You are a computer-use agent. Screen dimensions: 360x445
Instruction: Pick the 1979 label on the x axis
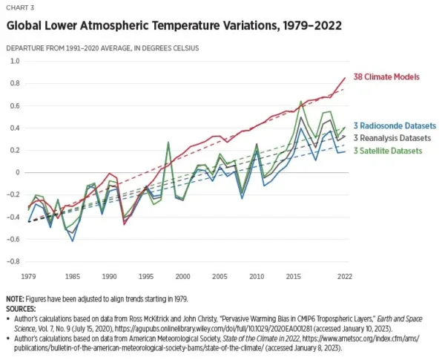(x=30, y=276)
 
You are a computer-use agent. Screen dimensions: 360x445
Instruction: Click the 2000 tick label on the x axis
(x=182, y=276)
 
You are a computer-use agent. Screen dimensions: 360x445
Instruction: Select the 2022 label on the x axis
(x=344, y=276)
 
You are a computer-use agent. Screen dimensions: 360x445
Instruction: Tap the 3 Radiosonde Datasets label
(x=395, y=125)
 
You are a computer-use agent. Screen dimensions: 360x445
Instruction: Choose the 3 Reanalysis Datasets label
(x=395, y=137)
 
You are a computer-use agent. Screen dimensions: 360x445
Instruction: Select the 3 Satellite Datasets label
(x=390, y=151)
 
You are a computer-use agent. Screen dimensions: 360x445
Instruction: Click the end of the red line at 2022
(x=345, y=77)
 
